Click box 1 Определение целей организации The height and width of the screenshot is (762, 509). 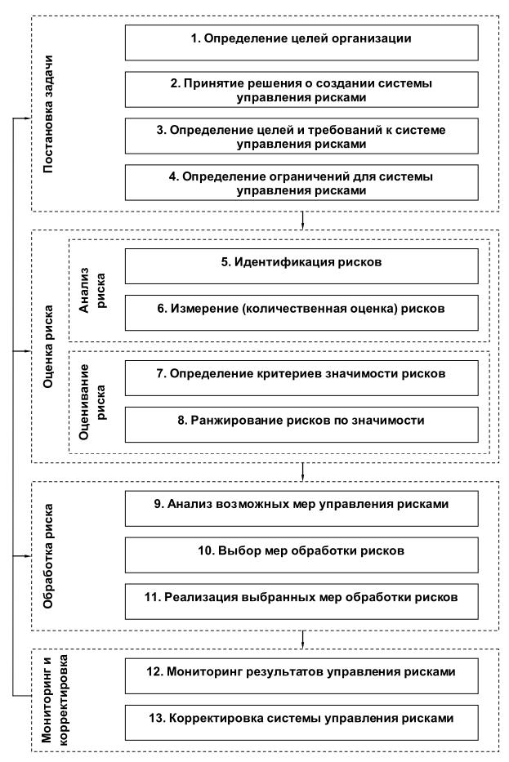[x=301, y=39]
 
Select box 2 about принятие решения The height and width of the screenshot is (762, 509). [x=301, y=87]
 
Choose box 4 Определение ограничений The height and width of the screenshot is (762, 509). [x=301, y=182]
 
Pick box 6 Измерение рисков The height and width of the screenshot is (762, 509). [x=301, y=311]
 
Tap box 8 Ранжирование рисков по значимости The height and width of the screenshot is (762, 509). [x=301, y=422]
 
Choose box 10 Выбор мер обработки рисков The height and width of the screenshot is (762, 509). [x=301, y=552]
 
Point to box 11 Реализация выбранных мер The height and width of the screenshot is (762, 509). [x=301, y=599]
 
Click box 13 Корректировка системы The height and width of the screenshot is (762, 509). [x=301, y=720]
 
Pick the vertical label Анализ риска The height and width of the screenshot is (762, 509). [x=92, y=290]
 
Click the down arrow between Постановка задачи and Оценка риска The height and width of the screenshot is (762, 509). [x=304, y=220]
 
